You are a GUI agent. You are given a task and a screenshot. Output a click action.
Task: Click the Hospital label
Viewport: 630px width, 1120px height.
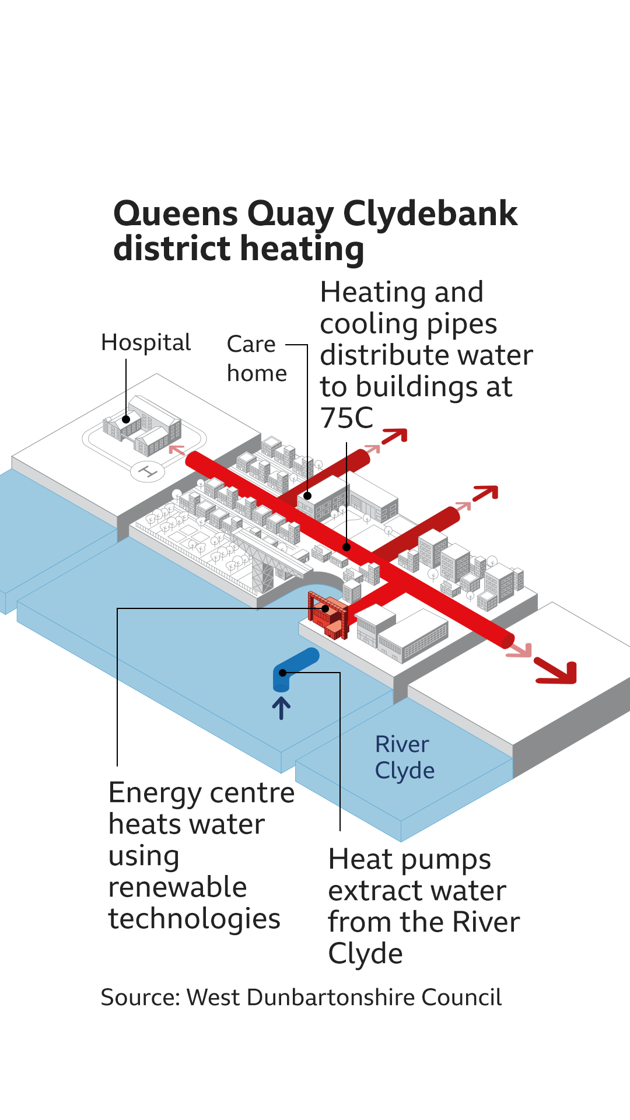coord(146,343)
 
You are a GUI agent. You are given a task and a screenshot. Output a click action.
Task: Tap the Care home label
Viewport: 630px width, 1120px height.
coord(257,359)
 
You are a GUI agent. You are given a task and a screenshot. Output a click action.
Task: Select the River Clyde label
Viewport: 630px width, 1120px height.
coord(404,757)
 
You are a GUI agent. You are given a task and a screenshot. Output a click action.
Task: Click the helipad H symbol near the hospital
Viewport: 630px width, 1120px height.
coord(148,471)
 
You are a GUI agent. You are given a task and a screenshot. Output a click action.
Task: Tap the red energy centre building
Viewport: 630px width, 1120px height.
coord(328,616)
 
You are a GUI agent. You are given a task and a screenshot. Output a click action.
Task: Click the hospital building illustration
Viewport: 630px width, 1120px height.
coord(143,426)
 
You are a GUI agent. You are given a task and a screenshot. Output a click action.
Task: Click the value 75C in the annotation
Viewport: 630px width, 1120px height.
coord(346,418)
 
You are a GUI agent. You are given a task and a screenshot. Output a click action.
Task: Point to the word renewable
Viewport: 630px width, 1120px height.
coord(178,887)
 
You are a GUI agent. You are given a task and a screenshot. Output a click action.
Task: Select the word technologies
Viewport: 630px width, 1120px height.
coord(194,919)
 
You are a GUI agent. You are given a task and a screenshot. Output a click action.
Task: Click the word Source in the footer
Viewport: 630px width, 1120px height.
coord(140,998)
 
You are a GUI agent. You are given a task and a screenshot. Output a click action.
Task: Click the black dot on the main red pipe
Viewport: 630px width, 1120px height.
coord(346,547)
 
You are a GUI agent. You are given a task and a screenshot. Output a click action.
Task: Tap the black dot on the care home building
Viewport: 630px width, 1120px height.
coord(308,496)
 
